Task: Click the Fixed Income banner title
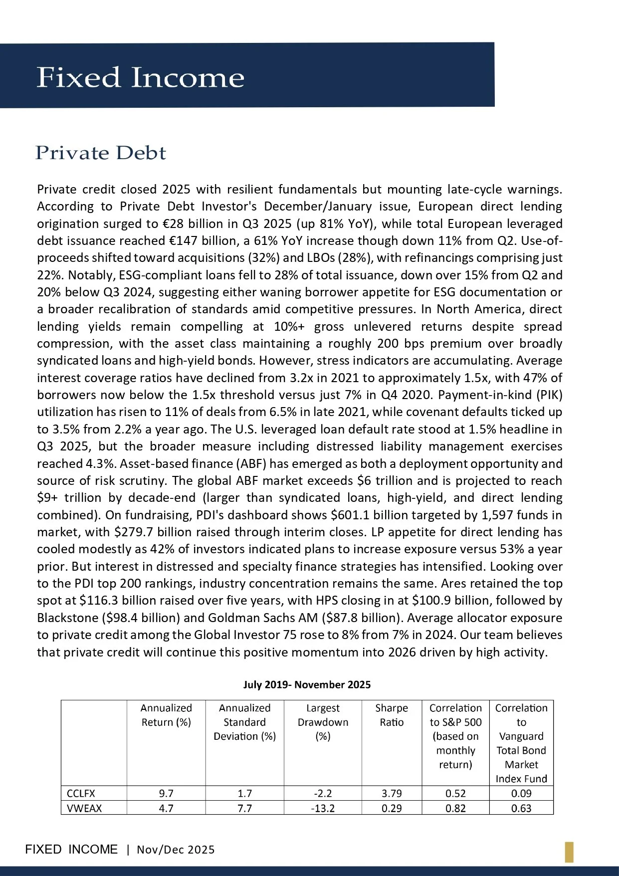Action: [140, 77]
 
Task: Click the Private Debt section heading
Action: [100, 153]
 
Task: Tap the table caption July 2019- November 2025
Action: [307, 684]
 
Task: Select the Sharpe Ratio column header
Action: [392, 715]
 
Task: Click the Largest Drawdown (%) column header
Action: [323, 722]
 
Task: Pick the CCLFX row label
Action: [81, 793]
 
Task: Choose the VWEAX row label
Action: [84, 808]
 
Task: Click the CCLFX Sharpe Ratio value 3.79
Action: [392, 793]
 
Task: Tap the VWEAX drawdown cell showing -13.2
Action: [323, 808]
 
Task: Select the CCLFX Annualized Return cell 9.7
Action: [166, 793]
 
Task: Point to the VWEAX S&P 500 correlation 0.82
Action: [455, 808]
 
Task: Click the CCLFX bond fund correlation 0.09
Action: [521, 793]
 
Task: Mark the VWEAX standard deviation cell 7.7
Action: [244, 808]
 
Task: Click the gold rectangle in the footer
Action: [569, 852]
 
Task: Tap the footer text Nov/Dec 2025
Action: [176, 850]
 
